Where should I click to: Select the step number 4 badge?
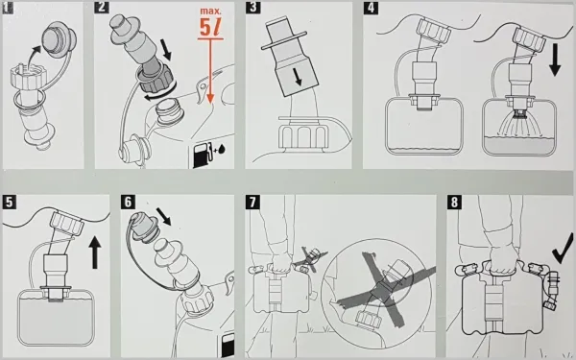coord(372,10)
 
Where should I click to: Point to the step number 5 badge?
coord(10,203)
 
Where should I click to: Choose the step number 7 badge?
coord(252,203)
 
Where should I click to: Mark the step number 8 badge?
coord(453,203)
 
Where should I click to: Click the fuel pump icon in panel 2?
coord(203,153)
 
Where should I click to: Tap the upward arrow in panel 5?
coord(95,255)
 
